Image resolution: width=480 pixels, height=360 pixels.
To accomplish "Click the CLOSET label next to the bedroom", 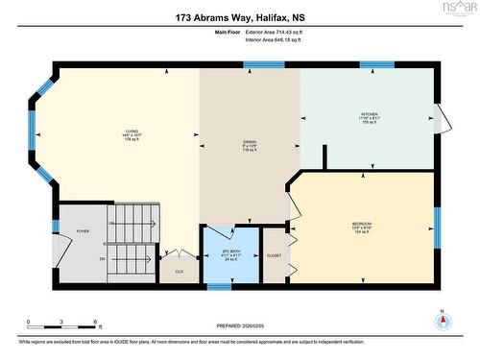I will (275, 256).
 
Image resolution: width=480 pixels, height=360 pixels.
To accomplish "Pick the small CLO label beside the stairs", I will (178, 272).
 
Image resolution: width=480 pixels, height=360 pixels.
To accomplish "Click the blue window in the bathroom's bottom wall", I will (219, 286).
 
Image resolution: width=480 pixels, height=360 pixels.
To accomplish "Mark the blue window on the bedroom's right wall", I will (435, 228).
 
